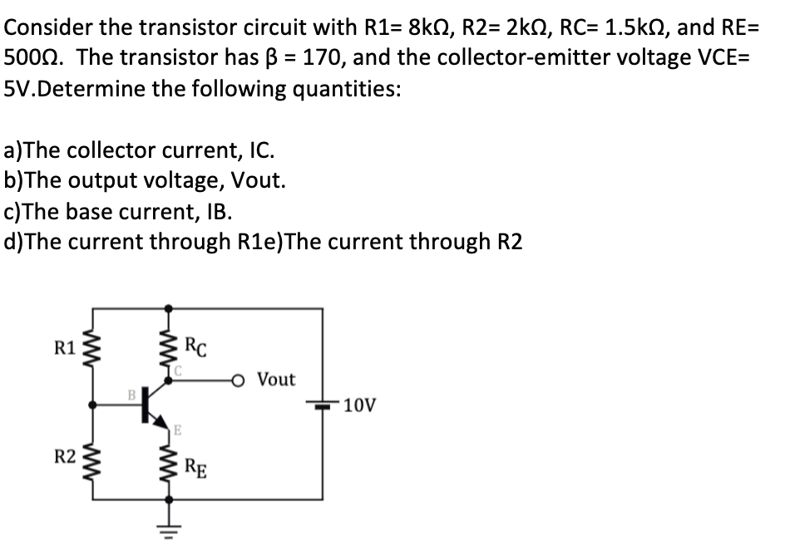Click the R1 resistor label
click(65, 346)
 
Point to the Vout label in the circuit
click(276, 380)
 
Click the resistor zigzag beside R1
click(93, 348)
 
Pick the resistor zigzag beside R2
click(93, 455)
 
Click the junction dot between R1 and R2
click(93, 405)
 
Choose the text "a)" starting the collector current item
click(15, 150)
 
